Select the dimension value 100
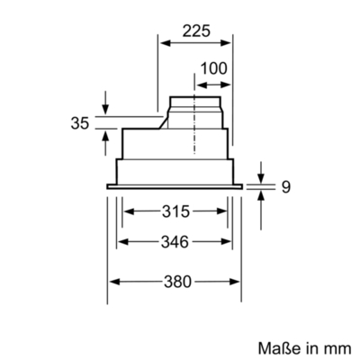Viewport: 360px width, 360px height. (x=213, y=69)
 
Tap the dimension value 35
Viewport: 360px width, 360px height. (x=78, y=123)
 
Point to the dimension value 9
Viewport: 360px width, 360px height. (x=285, y=187)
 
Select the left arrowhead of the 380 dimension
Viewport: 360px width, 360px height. (x=112, y=282)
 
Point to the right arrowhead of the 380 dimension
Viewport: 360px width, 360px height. (x=238, y=282)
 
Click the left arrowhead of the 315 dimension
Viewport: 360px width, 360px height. (x=126, y=212)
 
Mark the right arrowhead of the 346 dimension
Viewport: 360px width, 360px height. (x=227, y=242)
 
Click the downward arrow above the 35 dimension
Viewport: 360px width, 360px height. (x=106, y=109)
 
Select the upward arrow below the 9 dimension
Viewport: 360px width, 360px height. (x=261, y=196)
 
